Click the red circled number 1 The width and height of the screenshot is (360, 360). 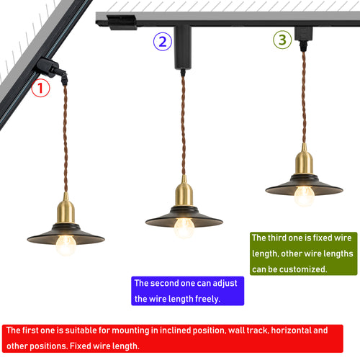pyautogui.click(x=40, y=88)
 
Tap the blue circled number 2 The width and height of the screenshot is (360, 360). pyautogui.click(x=163, y=42)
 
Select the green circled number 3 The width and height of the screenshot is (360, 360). pyautogui.click(x=282, y=40)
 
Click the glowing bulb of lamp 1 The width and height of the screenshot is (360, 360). pyautogui.click(x=66, y=245)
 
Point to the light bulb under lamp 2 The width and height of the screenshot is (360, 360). pyautogui.click(x=184, y=228)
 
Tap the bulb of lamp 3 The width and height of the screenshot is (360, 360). pyautogui.click(x=305, y=196)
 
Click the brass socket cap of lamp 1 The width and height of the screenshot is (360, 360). pyautogui.click(x=66, y=208)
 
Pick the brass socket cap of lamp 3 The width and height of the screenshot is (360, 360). pyautogui.click(x=304, y=159)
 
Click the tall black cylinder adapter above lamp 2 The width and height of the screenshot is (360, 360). pyautogui.click(x=183, y=48)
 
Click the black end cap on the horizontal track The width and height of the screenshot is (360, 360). pyautogui.click(x=122, y=22)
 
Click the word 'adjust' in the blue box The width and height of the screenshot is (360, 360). pyautogui.click(x=225, y=284)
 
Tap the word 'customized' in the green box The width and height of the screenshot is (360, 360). pyautogui.click(x=302, y=269)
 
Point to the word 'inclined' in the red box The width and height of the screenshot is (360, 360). pyautogui.click(x=175, y=330)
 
